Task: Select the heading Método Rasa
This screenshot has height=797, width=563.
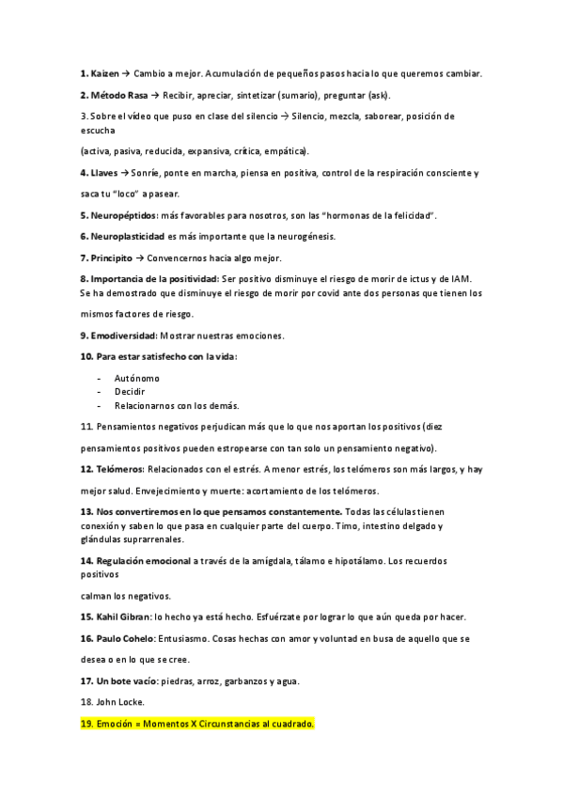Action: click(x=121, y=95)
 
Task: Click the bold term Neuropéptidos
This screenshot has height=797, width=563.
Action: click(x=123, y=215)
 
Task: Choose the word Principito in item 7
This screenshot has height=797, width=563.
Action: click(x=111, y=258)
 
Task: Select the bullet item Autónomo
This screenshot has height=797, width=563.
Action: click(x=136, y=377)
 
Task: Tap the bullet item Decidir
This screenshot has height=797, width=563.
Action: click(x=130, y=391)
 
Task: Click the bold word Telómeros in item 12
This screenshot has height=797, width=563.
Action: click(x=117, y=469)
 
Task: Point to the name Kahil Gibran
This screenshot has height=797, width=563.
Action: click(x=121, y=617)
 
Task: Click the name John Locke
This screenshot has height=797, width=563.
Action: click(x=119, y=702)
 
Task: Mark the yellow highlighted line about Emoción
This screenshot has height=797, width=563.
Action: click(x=197, y=724)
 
